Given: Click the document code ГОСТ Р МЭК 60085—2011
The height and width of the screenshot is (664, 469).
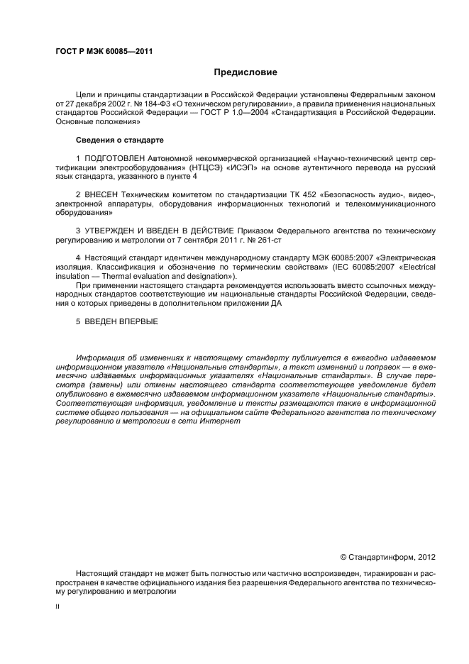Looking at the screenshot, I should tap(104, 52).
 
